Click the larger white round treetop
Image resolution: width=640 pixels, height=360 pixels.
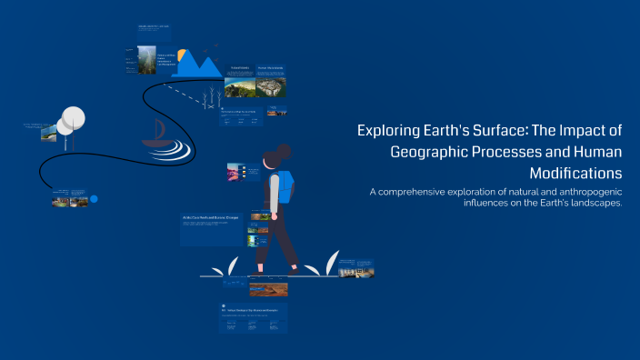tap(74, 116)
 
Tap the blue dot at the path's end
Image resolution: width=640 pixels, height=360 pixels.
tap(93, 198)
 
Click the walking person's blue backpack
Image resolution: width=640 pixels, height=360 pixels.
tap(286, 187)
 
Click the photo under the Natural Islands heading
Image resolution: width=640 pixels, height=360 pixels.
tap(239, 86)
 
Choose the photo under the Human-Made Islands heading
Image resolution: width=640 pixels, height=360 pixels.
tap(271, 86)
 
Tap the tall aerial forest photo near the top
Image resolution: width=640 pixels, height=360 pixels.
tap(147, 59)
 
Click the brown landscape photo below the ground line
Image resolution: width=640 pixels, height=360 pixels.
tap(268, 289)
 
